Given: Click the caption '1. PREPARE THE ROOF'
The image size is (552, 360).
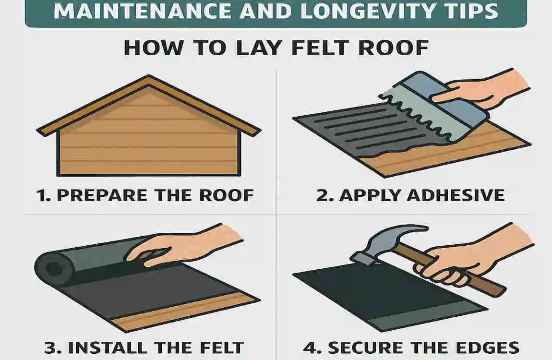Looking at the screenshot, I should [x=145, y=195].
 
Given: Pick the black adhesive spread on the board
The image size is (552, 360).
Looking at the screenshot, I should [x=365, y=130].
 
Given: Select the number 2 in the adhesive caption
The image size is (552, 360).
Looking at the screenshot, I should [x=322, y=195].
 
